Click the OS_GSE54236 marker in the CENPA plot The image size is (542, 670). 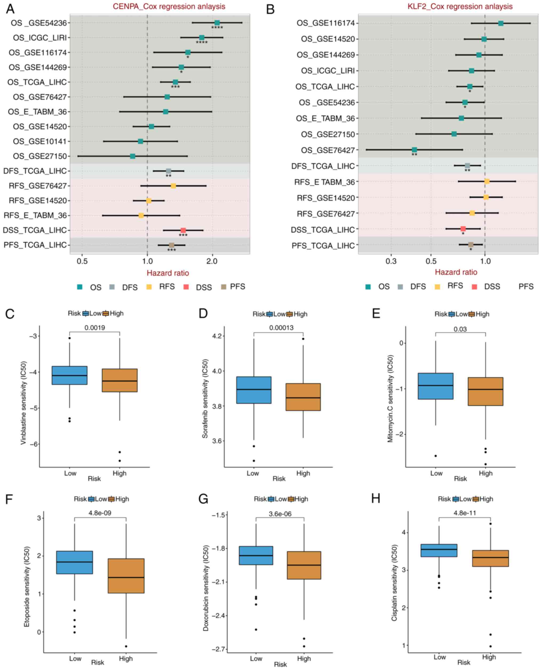(x=217, y=23)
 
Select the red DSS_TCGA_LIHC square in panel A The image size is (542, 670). (x=183, y=230)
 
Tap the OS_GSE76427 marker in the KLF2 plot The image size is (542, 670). (x=414, y=150)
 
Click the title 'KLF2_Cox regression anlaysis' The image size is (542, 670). (x=460, y=7)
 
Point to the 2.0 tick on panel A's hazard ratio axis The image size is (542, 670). (x=212, y=261)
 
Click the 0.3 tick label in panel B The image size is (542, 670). (x=391, y=261)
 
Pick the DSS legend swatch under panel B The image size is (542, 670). (x=474, y=286)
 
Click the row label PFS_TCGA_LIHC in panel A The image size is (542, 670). (x=35, y=245)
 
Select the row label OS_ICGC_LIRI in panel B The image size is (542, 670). (x=328, y=71)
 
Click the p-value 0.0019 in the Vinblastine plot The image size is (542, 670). (x=95, y=328)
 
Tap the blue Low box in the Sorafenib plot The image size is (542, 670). (x=254, y=390)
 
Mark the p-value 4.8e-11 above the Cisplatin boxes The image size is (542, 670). (x=465, y=513)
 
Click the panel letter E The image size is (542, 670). (x=376, y=313)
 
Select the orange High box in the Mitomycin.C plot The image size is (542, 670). (x=485, y=391)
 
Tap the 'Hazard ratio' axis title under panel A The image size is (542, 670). (x=168, y=273)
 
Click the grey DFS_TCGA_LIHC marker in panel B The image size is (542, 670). (x=467, y=166)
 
